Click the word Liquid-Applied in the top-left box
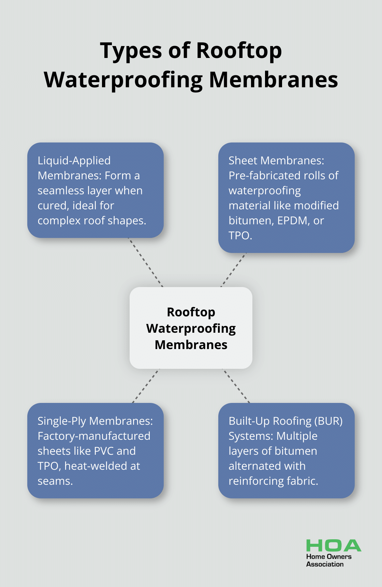click(x=74, y=161)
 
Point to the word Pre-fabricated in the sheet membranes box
click(x=261, y=176)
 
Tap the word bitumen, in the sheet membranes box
click(x=251, y=221)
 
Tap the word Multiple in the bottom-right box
click(x=297, y=436)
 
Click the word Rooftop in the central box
click(x=191, y=312)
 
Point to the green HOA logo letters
click(x=333, y=545)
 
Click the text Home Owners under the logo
click(x=328, y=557)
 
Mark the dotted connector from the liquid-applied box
click(x=146, y=262)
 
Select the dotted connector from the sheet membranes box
click(x=233, y=270)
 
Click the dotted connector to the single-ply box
click(x=146, y=386)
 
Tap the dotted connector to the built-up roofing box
click(x=236, y=386)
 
